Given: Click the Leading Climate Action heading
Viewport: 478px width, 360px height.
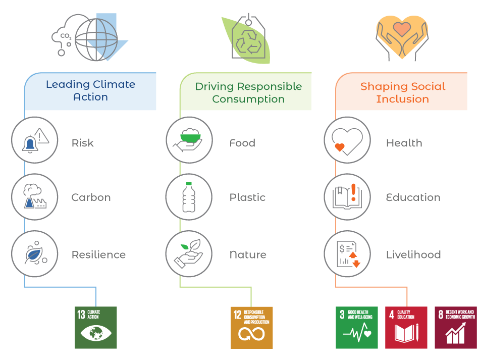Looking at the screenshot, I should [x=90, y=91].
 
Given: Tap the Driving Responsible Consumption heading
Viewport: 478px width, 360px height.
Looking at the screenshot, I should [x=248, y=92].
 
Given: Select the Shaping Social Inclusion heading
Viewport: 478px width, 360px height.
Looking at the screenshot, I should [x=402, y=92].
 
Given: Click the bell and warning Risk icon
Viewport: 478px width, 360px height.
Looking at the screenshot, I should [x=35, y=140].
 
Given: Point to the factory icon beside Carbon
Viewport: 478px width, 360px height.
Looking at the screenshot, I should [x=35, y=197].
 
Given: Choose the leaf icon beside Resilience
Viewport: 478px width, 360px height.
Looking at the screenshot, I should [x=35, y=254].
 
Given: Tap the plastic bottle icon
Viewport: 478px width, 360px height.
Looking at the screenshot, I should [x=190, y=197].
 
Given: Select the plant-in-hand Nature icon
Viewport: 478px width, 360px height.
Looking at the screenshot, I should [x=190, y=254].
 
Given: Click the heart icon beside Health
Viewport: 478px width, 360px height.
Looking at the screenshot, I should [x=347, y=140].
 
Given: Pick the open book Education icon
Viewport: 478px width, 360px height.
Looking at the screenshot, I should [x=347, y=197].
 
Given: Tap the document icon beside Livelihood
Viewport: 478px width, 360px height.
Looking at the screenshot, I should [x=347, y=254].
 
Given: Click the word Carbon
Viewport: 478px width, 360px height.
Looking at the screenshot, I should [x=91, y=197].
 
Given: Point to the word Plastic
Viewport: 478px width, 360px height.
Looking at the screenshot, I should [x=247, y=197].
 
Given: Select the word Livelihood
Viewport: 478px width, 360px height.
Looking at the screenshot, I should [x=413, y=254].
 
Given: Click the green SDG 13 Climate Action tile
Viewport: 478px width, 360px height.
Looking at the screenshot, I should [x=96, y=328].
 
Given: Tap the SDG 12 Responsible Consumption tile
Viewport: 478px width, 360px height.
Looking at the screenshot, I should [x=252, y=328].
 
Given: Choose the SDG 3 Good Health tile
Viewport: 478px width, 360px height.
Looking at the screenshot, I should [x=357, y=328].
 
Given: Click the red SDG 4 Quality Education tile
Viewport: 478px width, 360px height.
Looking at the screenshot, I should [x=406, y=328].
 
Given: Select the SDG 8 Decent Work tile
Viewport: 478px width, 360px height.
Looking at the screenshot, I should [x=456, y=328].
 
